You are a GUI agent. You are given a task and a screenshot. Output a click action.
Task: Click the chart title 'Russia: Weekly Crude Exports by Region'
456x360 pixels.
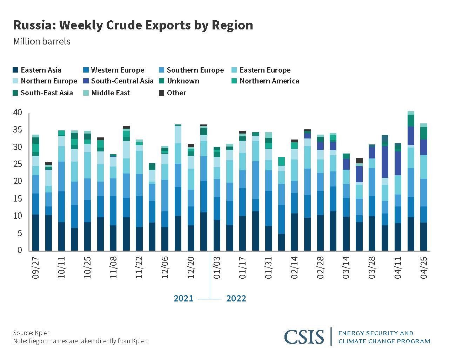(133, 25)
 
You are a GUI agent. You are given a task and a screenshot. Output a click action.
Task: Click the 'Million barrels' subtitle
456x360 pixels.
(42, 41)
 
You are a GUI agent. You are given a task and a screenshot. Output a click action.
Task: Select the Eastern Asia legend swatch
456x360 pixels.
(15, 70)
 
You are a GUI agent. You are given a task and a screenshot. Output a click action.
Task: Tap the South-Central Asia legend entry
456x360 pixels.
(122, 81)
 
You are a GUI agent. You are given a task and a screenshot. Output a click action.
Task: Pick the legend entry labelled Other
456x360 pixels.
(176, 93)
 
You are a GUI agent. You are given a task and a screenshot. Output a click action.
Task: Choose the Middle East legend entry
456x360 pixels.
(110, 93)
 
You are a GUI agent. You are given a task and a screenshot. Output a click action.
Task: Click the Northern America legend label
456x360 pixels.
(269, 81)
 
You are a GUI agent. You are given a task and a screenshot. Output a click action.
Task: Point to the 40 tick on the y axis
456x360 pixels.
(18, 113)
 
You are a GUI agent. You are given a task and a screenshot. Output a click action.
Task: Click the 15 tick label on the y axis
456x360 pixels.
(18, 198)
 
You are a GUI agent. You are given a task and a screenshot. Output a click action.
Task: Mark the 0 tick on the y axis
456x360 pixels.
(20, 250)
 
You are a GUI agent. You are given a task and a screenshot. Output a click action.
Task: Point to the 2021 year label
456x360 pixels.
(183, 299)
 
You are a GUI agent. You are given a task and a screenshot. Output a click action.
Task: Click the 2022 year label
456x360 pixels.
(236, 299)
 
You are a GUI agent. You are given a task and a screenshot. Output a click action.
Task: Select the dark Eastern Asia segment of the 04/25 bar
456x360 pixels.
(424, 237)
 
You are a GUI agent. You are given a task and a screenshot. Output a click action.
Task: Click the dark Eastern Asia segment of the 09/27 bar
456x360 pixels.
(36, 232)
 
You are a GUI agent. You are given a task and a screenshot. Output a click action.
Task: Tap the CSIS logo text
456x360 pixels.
(304, 337)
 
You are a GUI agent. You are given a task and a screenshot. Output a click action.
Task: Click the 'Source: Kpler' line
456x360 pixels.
(31, 333)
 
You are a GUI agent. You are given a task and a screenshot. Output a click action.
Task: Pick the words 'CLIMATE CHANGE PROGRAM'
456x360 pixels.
(384, 341)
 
